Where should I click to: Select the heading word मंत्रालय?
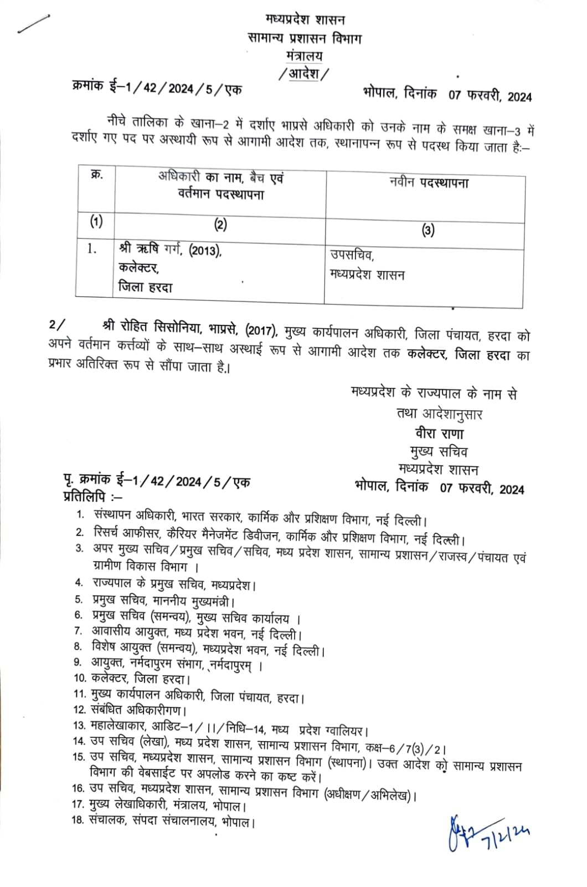(x=305, y=56)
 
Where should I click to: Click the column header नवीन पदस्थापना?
(x=429, y=183)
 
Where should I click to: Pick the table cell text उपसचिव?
(x=352, y=255)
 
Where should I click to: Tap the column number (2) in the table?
(x=220, y=225)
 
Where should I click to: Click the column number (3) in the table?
(x=428, y=230)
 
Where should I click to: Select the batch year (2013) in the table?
(x=205, y=251)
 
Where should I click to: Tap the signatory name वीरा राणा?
(x=439, y=433)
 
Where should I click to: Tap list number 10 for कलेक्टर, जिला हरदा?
(x=80, y=677)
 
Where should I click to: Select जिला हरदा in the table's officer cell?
(x=146, y=287)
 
